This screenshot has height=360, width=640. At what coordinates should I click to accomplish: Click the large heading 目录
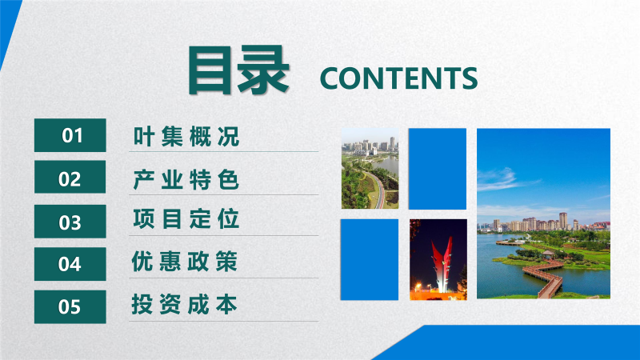(238, 70)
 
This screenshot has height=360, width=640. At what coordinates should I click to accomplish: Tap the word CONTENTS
(398, 78)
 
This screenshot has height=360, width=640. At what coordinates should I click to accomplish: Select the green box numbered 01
(70, 135)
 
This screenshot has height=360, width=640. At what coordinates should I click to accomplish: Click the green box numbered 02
(70, 177)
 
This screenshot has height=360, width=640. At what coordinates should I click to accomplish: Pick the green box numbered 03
(70, 222)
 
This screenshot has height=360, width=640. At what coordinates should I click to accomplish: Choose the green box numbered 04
(70, 264)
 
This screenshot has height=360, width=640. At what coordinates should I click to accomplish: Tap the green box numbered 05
(70, 307)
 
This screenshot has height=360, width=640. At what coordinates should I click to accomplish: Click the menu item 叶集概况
(186, 136)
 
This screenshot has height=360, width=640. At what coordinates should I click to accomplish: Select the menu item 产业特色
(186, 179)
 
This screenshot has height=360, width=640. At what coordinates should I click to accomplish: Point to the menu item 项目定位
(186, 218)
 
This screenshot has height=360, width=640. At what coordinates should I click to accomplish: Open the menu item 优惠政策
(185, 262)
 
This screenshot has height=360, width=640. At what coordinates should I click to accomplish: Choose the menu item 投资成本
(185, 305)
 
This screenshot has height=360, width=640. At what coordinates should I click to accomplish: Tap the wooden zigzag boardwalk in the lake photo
(545, 278)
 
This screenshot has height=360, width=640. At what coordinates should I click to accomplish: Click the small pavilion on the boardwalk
(548, 254)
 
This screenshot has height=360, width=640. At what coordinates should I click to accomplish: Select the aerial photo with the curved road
(370, 169)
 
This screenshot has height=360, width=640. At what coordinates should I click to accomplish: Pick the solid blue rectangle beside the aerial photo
(438, 169)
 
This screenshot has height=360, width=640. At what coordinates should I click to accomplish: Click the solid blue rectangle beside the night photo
(370, 259)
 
